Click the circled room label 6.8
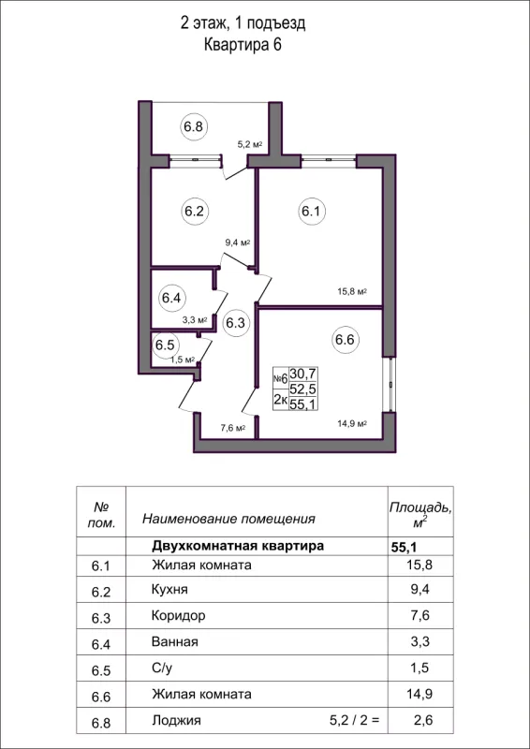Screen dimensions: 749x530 (x=194, y=125)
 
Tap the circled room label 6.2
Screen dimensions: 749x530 (x=194, y=212)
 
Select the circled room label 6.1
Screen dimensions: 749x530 (x=311, y=212)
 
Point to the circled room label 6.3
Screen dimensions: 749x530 (x=236, y=323)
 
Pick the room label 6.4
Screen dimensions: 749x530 (x=170, y=299)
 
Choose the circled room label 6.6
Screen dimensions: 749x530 (x=345, y=340)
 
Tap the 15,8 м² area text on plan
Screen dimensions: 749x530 (x=351, y=291)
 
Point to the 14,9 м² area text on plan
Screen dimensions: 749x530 (x=351, y=423)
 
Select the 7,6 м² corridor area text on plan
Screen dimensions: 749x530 (x=231, y=429)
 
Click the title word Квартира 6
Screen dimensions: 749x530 (x=243, y=44)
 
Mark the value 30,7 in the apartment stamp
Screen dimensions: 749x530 (x=302, y=373)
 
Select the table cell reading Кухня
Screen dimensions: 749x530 (x=169, y=591)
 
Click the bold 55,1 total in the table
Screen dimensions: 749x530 (x=404, y=545)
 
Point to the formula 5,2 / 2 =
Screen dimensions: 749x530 (x=352, y=721)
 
